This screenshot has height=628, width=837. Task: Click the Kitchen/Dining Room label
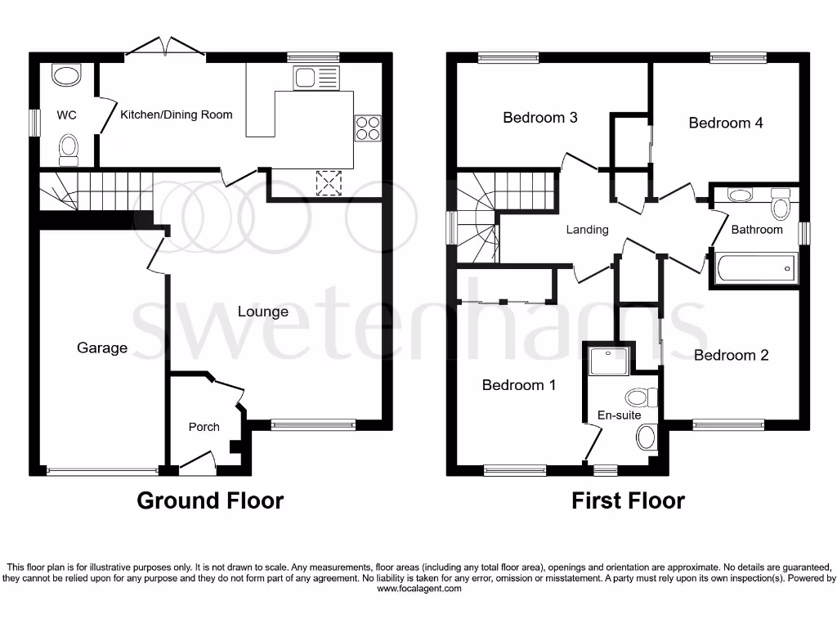click(x=176, y=114)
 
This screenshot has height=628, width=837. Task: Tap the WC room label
click(x=66, y=115)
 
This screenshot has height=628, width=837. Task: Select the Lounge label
click(x=262, y=312)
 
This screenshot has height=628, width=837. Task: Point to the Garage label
click(x=102, y=348)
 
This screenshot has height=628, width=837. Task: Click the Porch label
click(x=204, y=427)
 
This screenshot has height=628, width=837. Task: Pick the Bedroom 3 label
click(x=539, y=118)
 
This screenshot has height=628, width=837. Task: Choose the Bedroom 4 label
click(x=725, y=123)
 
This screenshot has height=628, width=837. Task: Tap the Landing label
click(x=587, y=230)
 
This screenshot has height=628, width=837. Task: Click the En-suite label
click(x=619, y=415)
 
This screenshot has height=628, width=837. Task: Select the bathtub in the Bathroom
click(x=755, y=268)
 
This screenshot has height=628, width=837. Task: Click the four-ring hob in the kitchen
click(x=367, y=129)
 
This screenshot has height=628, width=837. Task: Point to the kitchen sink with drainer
click(x=316, y=78)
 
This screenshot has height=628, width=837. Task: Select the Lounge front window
click(x=313, y=424)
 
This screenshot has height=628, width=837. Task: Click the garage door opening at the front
click(x=102, y=470)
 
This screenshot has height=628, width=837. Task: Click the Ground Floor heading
click(x=210, y=500)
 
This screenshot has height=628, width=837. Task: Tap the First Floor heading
click(x=628, y=500)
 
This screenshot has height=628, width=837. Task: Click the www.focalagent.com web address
click(x=418, y=588)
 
